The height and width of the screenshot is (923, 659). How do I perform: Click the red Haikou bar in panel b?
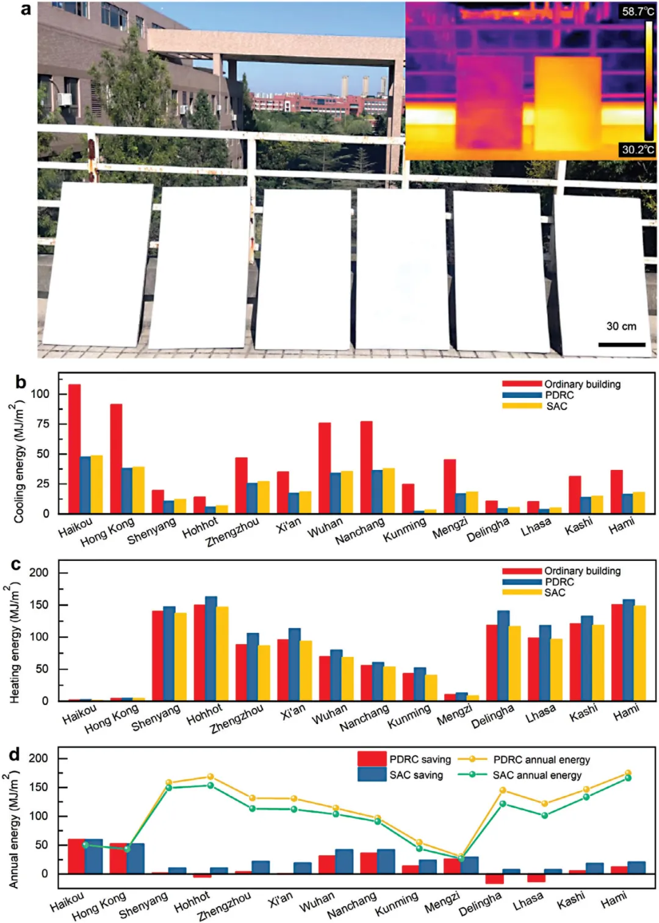tap(74, 449)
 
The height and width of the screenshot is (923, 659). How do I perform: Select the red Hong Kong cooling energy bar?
tap(116, 458)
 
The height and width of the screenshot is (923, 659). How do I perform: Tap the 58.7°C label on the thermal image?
tap(638, 12)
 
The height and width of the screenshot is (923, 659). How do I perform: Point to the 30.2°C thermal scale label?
tap(638, 150)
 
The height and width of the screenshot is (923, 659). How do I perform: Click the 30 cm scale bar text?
tap(621, 327)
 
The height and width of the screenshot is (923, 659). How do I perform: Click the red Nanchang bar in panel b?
tap(366, 467)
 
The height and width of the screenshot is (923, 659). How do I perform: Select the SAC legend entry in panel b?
tap(556, 407)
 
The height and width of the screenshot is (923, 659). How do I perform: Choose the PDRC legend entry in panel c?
tap(559, 582)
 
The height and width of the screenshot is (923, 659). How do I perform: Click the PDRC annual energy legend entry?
tap(541, 760)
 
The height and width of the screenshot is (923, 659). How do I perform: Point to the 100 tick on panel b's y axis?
tap(40, 394)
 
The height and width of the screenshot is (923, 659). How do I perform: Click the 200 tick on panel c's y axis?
tap(39, 573)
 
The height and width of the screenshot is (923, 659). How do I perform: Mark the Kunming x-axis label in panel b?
tap(405, 530)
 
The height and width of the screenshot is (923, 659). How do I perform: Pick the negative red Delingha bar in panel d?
tap(494, 878)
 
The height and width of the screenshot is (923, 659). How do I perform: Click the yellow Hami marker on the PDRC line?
tap(628, 773)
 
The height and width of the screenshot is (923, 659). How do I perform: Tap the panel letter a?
tap(26, 10)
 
